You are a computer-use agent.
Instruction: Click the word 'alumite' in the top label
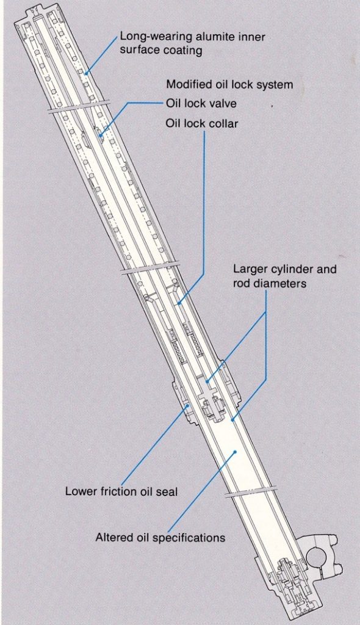coord(215,37)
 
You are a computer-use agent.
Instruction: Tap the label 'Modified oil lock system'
coord(229,84)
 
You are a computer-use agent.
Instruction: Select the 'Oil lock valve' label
coord(201,104)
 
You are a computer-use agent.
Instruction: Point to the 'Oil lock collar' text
coord(201,123)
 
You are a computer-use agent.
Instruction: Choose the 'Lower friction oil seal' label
coord(121,491)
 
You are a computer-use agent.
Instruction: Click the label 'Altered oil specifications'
coord(160,538)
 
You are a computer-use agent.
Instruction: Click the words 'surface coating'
coord(161,51)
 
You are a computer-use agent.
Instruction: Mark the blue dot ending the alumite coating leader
coord(87,73)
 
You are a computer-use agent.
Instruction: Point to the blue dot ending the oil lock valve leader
coord(101,136)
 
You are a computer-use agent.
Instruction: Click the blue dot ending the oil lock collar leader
coord(179,304)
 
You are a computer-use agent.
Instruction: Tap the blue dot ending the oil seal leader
coord(188,406)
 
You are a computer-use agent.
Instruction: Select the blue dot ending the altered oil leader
coord(235,452)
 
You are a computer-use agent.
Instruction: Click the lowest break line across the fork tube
coord(250,491)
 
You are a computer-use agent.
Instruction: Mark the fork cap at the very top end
coord(34,18)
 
